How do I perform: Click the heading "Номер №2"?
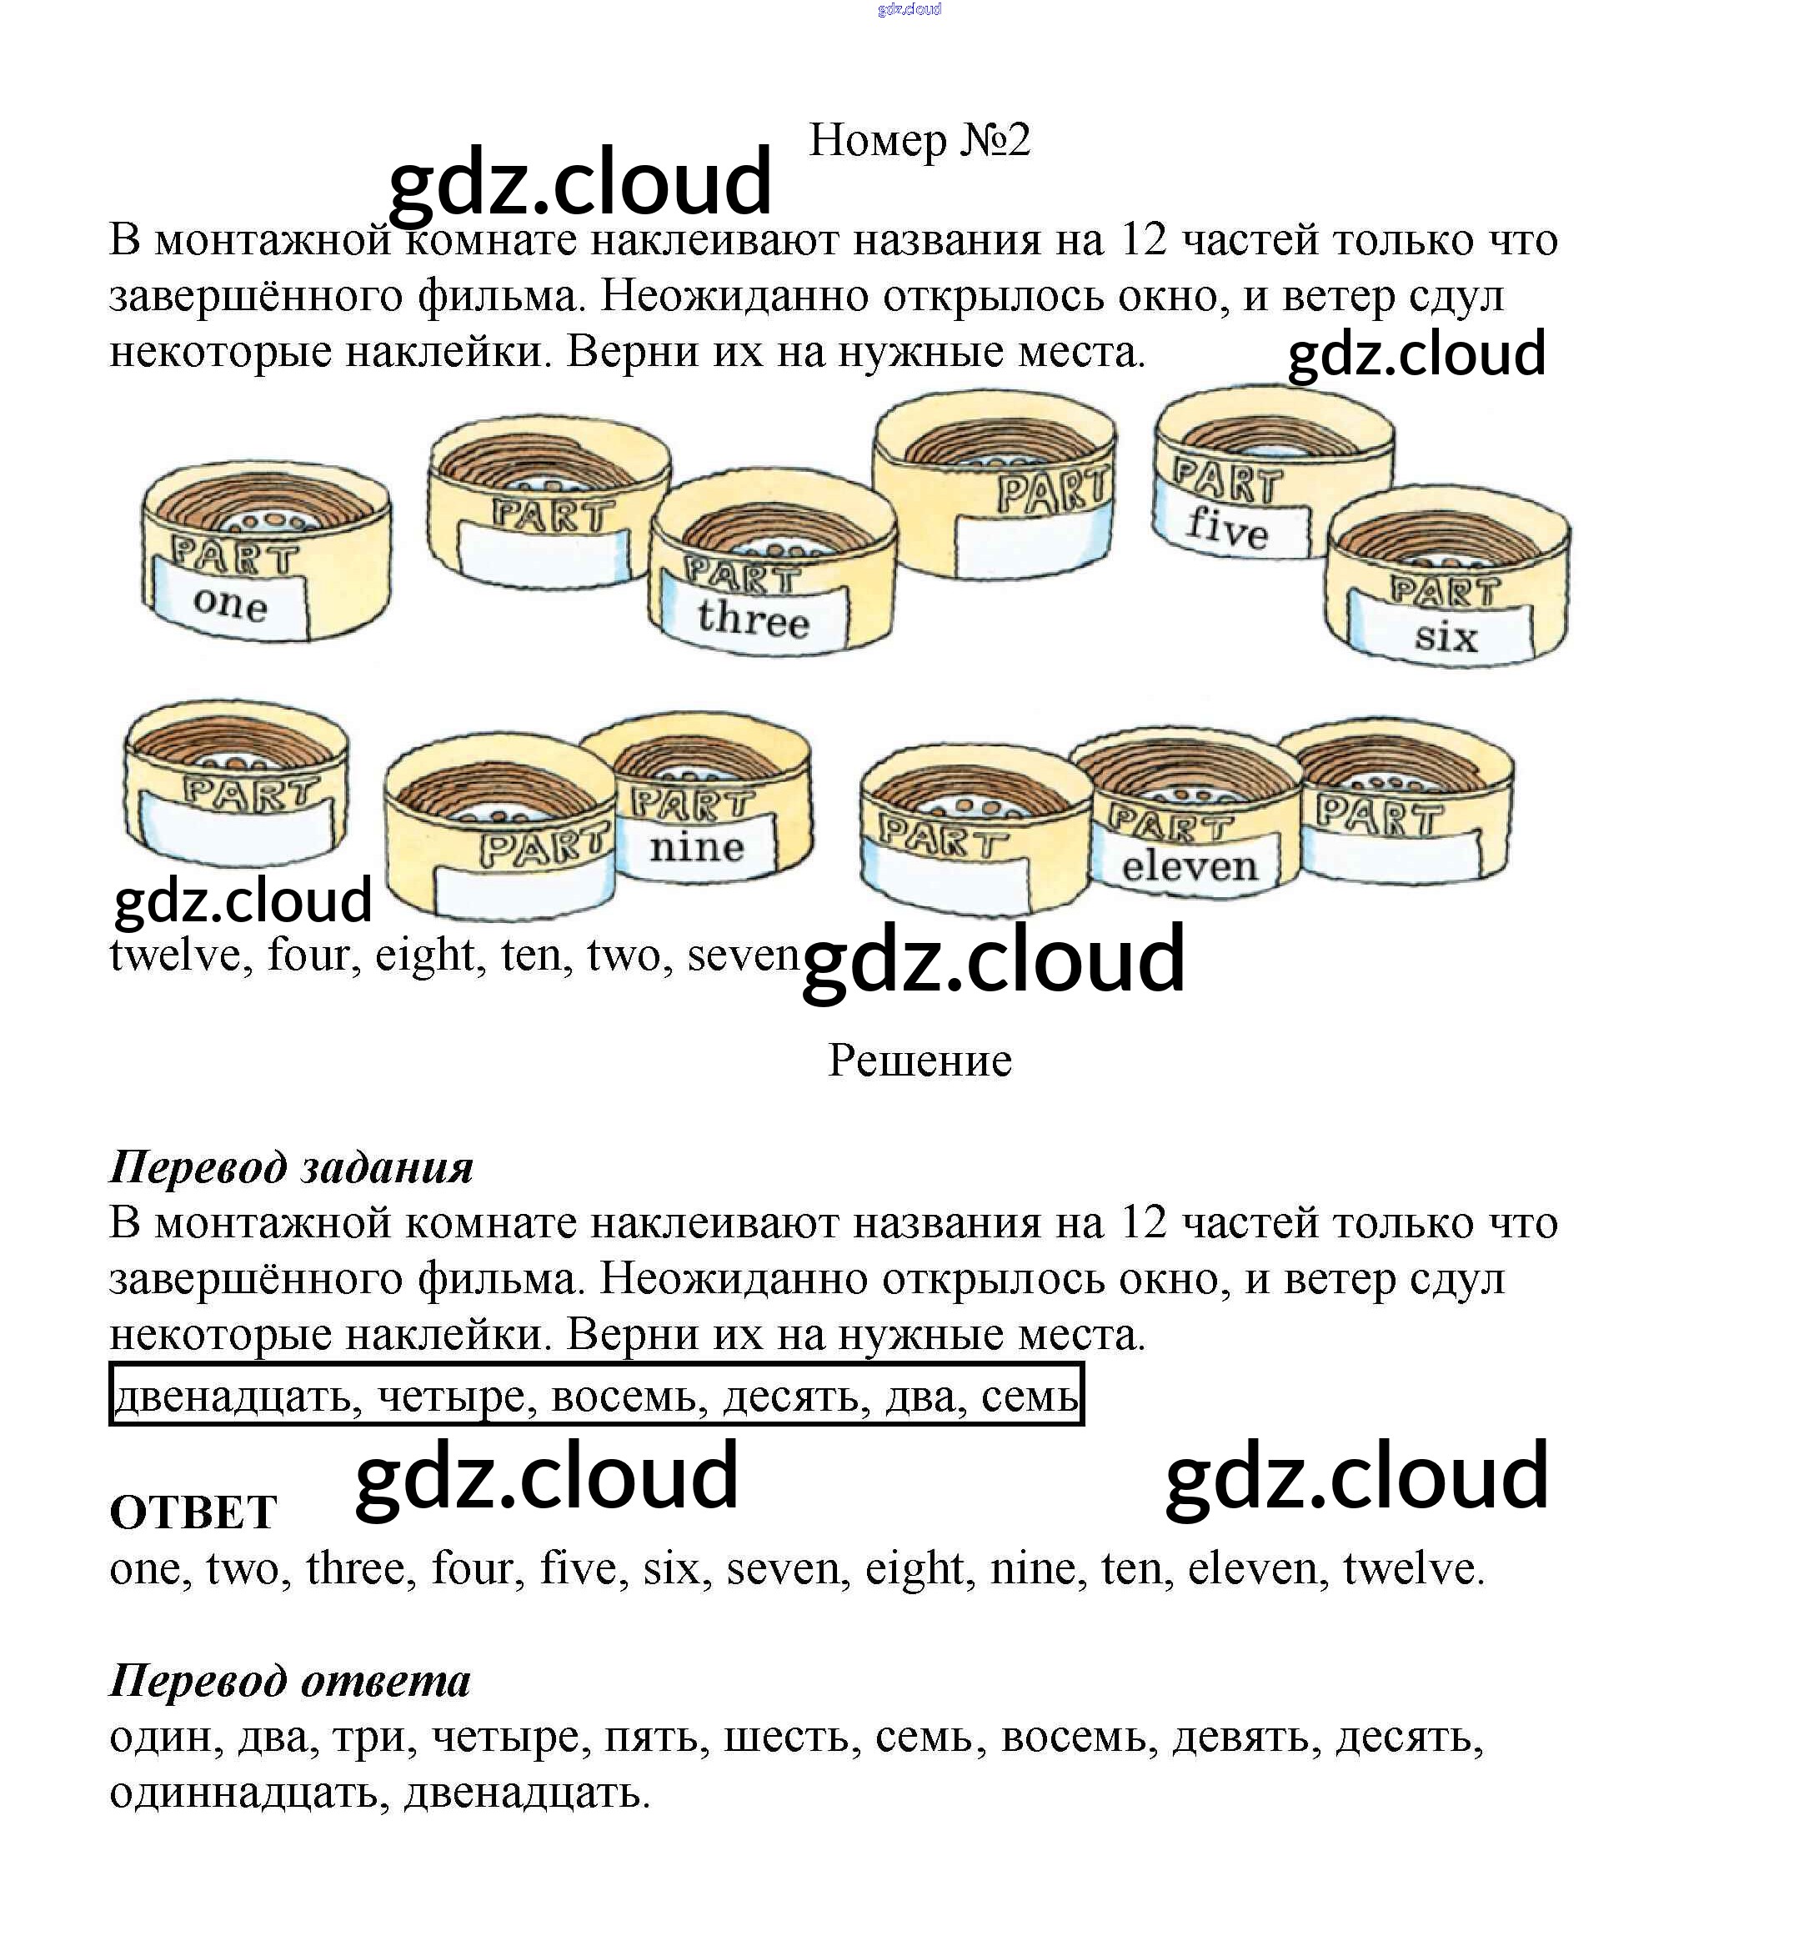coord(919,141)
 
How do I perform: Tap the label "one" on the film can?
coord(230,604)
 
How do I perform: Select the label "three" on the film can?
coord(753,619)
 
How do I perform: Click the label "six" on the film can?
coord(1446,638)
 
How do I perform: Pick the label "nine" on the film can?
coord(696,846)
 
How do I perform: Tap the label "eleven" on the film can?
coord(1190,866)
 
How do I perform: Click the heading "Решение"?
coord(919,1061)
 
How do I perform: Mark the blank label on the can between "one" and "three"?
coord(542,555)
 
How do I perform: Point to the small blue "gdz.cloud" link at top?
coord(909,10)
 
